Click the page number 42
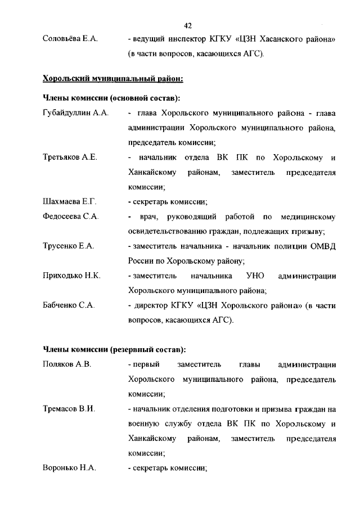click(188, 25)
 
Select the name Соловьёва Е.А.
click(70, 39)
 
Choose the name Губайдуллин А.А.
click(75, 113)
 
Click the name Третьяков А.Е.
click(70, 157)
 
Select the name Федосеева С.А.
click(71, 216)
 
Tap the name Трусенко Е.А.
click(68, 246)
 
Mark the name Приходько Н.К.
click(71, 276)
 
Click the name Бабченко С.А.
click(69, 305)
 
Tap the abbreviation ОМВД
click(323, 246)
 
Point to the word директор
click(150, 305)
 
